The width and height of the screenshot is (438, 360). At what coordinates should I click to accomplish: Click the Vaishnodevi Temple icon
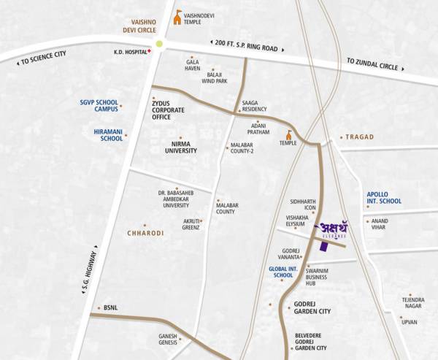point(177,17)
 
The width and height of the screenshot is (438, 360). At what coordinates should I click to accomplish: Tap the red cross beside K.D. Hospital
point(150,52)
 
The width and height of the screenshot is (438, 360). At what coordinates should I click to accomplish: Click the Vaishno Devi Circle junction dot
point(160,45)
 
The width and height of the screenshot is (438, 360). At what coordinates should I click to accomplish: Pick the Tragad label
point(359,137)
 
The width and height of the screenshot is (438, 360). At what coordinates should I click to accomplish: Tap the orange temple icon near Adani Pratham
point(290,135)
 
